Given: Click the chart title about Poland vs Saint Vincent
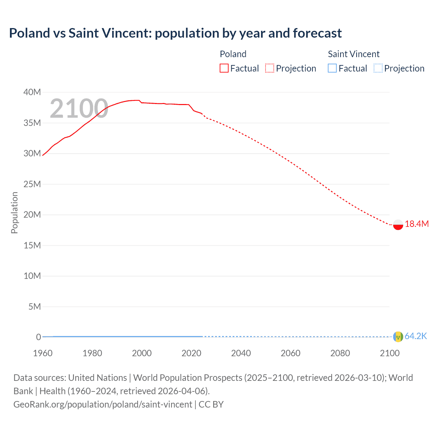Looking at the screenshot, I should pos(175,33).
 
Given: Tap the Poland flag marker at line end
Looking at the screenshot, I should pos(398,224).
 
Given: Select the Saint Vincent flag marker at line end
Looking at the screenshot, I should pos(398,337).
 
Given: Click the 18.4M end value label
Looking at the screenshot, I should pos(416,224).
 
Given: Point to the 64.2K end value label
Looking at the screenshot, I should pos(416,336).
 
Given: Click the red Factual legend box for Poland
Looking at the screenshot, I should pos(224,68).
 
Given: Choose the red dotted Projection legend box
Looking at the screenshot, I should pos(270,68).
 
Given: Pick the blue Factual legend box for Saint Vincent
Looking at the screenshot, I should pos(332,68).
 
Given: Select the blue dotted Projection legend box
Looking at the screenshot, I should pos(378,68).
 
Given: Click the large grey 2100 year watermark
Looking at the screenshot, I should pos(79,108).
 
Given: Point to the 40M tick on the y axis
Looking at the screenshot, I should pos(32,92).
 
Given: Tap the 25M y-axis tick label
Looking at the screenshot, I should pos(32,184).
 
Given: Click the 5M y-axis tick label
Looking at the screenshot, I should pos(35,307).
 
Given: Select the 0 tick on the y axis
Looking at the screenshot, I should pos(38,337).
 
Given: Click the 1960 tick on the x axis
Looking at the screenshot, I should pos(43,353).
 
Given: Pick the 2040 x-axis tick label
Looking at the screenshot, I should pos(241,353).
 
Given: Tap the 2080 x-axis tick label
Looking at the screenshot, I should pos(340,353).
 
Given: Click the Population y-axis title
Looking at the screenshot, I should pos(14,212).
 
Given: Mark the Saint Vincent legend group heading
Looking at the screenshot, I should pos(353,54).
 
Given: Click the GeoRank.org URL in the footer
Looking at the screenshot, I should pos(103,404).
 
